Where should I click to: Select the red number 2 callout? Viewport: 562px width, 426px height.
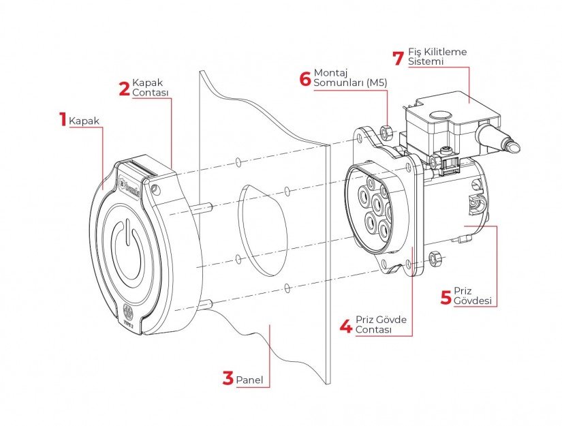(x=124, y=88)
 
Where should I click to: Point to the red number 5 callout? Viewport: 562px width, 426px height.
(x=446, y=296)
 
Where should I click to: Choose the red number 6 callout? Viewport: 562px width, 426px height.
(x=305, y=77)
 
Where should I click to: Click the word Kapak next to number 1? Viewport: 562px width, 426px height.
(x=84, y=121)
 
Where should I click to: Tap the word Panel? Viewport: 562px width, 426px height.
(x=249, y=380)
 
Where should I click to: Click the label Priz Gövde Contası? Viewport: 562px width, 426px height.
(x=379, y=324)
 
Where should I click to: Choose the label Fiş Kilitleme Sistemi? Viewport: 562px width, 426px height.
(x=437, y=56)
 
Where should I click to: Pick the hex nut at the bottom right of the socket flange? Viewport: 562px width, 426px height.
(x=436, y=258)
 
